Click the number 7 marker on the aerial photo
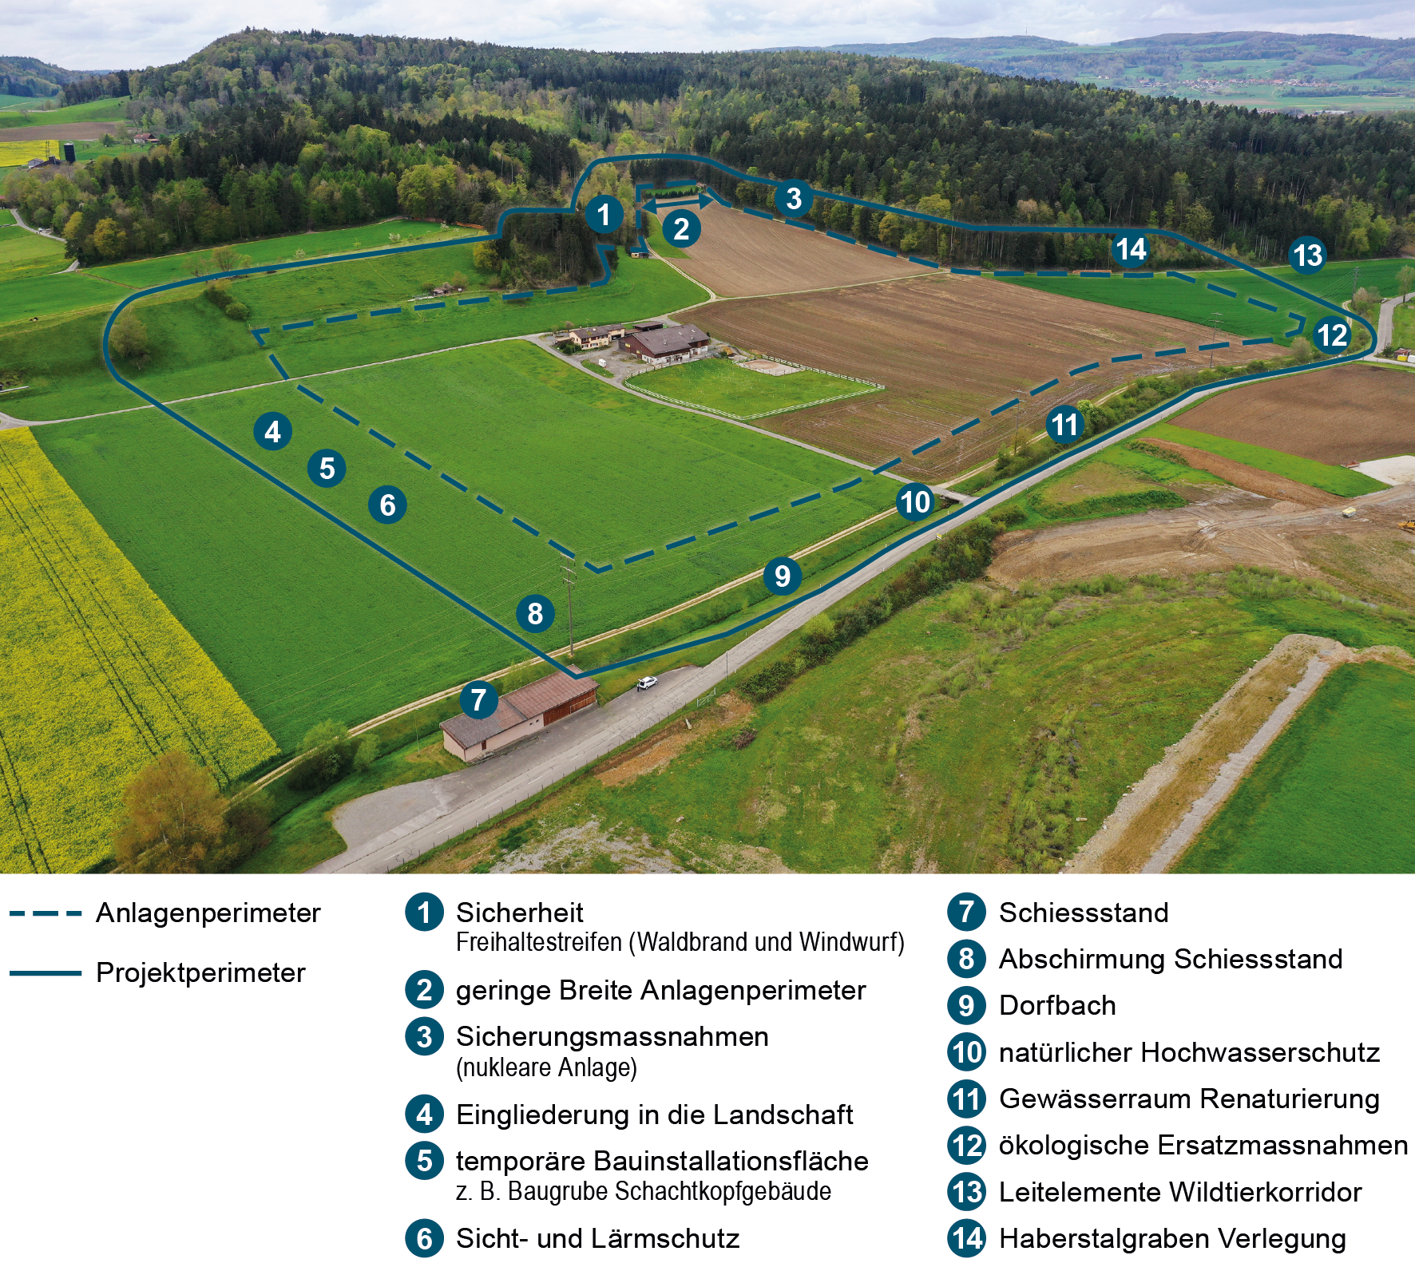point(479,700)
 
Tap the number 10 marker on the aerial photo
point(915,502)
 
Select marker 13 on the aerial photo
point(1307,255)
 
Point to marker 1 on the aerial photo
point(604,214)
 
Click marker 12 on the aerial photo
point(1332,335)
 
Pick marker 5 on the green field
point(327,469)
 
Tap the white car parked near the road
point(647,683)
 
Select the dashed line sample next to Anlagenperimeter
point(46,913)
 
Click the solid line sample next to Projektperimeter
point(46,973)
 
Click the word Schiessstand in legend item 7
point(1084,913)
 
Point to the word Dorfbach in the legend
point(1057,1006)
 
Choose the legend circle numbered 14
point(966,1238)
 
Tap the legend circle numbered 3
point(424,1036)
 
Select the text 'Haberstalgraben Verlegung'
point(1172,1238)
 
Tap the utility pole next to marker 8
point(569,607)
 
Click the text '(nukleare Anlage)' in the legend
point(546,1067)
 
